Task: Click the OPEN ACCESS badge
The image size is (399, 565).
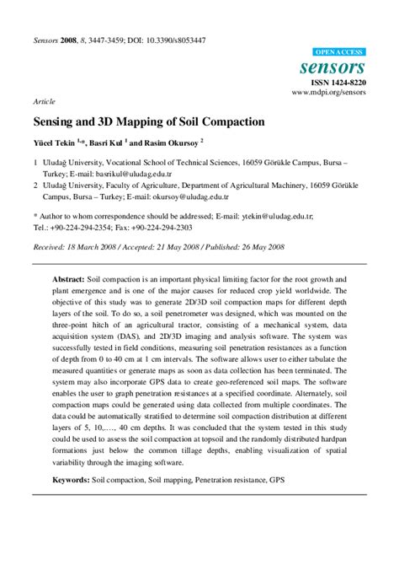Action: coord(338,52)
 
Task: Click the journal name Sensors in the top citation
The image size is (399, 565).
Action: coord(47,40)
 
